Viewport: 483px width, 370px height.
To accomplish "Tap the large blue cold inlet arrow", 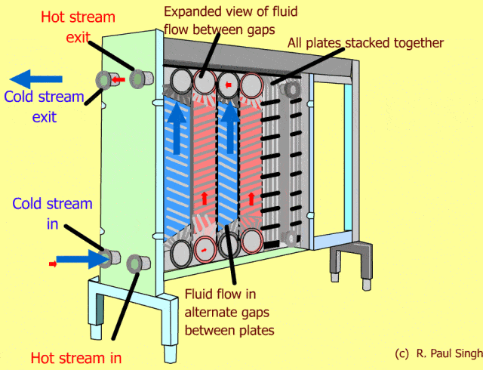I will [x=83, y=260].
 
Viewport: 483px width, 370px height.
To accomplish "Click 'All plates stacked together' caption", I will [x=365, y=43].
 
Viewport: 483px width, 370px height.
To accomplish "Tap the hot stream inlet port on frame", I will [x=137, y=263].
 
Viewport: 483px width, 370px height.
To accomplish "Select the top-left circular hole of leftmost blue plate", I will [x=180, y=80].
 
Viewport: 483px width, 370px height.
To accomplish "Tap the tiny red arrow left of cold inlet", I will [x=53, y=263].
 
